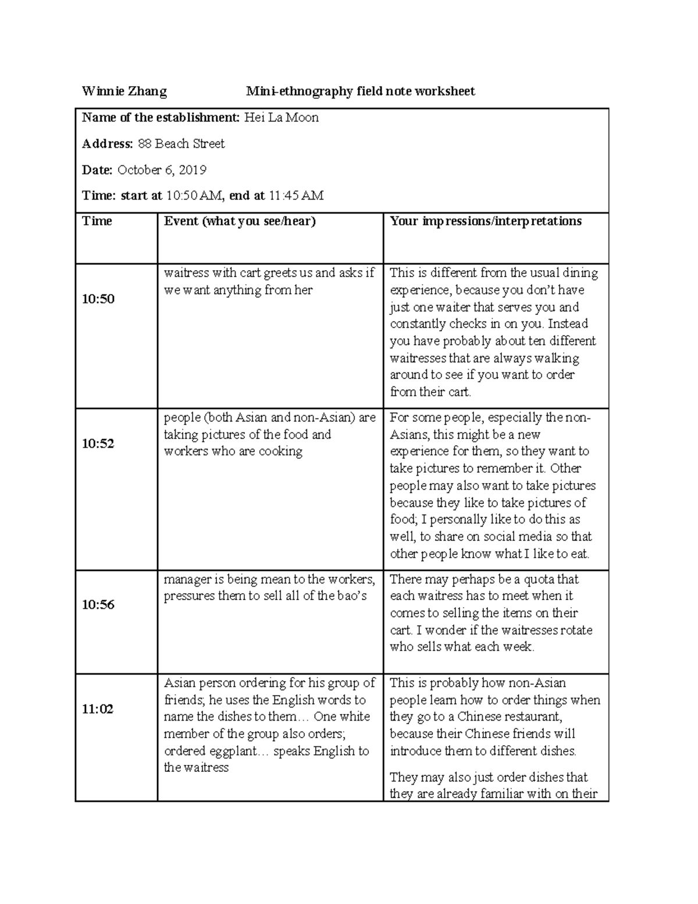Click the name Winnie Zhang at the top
click(124, 91)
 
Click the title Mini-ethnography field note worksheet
click(360, 91)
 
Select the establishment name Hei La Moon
click(281, 118)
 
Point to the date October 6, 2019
click(162, 170)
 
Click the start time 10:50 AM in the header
click(193, 196)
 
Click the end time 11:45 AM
click(295, 196)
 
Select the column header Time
click(97, 221)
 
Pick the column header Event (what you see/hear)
click(240, 221)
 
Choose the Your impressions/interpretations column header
click(486, 221)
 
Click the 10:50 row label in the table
click(98, 299)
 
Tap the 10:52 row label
click(98, 444)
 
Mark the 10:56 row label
click(98, 605)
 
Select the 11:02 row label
click(98, 709)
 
